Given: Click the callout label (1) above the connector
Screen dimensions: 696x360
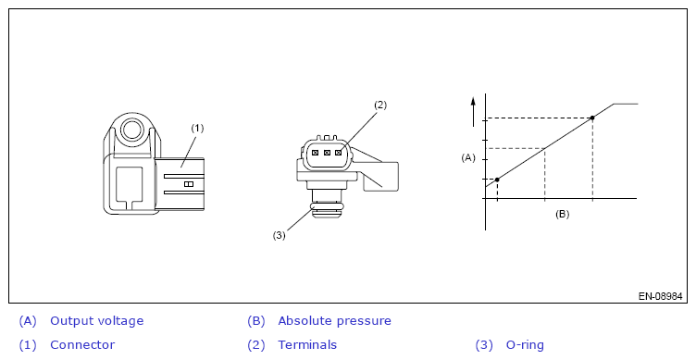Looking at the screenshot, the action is coord(197,129).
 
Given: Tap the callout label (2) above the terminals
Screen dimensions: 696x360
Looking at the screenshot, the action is coord(380,106).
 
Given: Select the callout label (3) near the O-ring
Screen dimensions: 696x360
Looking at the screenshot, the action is coord(279,235).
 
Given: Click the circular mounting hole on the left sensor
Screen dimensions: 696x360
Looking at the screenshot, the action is coord(130,130).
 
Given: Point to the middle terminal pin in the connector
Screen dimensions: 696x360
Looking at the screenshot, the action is coord(327,153).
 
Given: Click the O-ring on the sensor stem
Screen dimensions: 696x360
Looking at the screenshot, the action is coord(327,206).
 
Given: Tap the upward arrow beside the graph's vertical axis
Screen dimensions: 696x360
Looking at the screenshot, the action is coord(474,112).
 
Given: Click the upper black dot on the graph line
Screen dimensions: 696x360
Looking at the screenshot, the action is coord(592,118).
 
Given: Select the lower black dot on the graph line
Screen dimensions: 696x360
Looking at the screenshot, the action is coord(497,180).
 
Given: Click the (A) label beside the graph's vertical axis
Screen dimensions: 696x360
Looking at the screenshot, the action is coord(468,157).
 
